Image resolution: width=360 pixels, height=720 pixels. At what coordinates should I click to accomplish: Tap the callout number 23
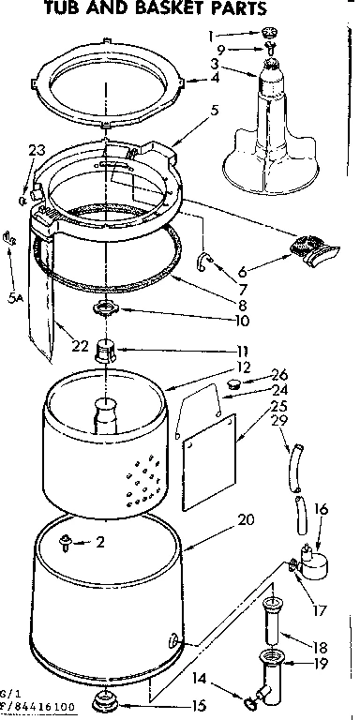tap(37, 150)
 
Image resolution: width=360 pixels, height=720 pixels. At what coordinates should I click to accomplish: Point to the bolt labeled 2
tap(67, 541)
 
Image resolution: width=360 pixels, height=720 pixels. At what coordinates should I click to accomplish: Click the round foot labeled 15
tap(102, 700)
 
